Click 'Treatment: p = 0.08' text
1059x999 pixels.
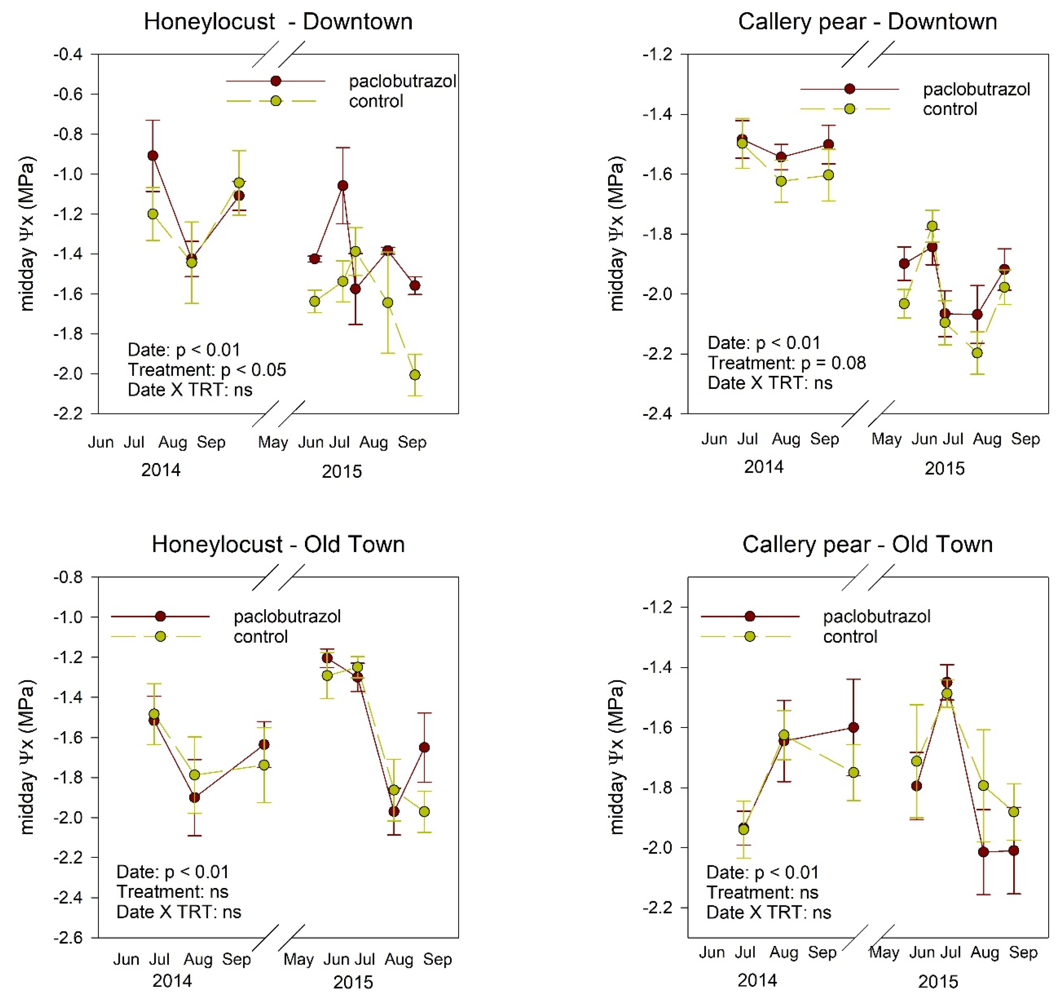click(x=786, y=363)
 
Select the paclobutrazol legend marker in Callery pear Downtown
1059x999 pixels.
click(x=850, y=89)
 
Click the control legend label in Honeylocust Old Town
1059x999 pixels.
click(x=260, y=636)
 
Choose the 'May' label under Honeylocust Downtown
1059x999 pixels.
click(x=273, y=442)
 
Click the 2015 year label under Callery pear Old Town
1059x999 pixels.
click(x=938, y=981)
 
